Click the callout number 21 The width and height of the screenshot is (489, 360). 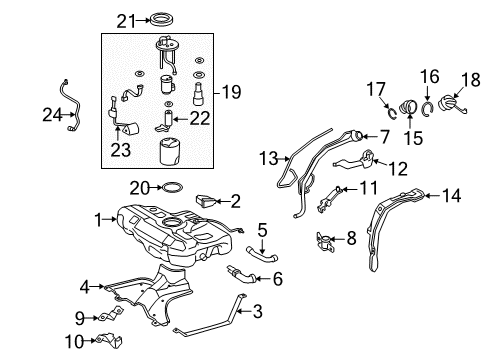124,19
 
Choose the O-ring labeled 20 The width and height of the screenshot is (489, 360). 172,187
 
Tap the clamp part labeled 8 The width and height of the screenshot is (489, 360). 323,239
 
